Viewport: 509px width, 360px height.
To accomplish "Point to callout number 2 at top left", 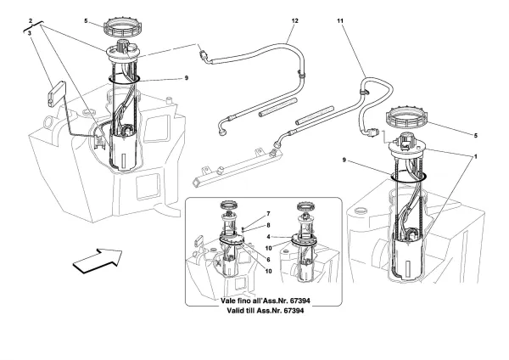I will click(31, 18).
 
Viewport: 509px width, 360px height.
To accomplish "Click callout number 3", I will click(31, 32).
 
